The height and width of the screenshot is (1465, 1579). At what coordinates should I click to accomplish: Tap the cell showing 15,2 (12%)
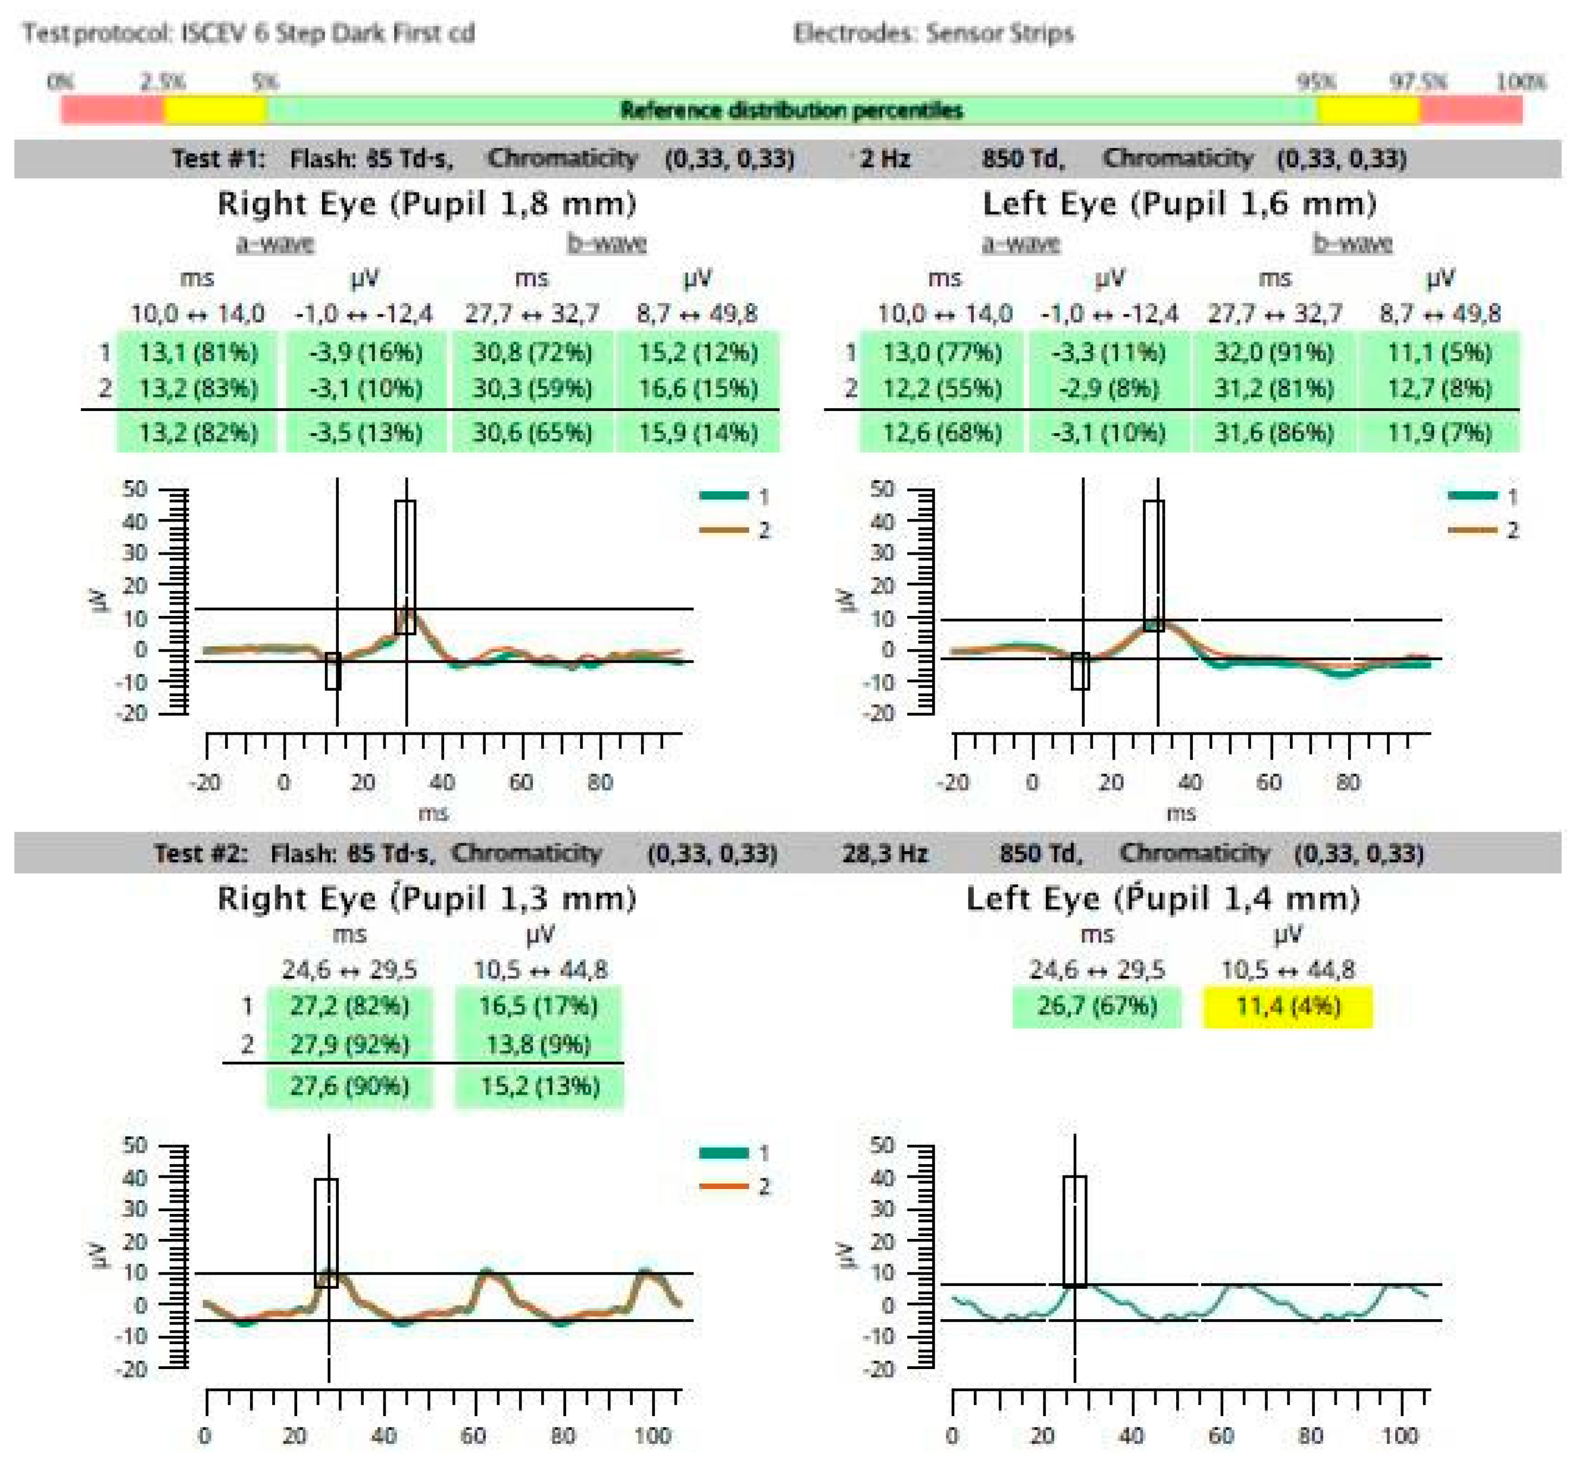[697, 352]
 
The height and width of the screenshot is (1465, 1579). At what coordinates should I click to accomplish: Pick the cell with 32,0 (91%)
[1274, 352]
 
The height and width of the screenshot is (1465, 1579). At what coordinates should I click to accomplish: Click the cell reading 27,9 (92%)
[350, 1044]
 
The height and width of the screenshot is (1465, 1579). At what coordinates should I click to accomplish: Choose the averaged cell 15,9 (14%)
[697, 433]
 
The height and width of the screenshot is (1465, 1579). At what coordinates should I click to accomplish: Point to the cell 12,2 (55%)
[942, 388]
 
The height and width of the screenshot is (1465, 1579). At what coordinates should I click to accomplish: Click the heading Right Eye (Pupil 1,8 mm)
[426, 204]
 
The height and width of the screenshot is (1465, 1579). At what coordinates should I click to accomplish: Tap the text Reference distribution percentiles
[791, 110]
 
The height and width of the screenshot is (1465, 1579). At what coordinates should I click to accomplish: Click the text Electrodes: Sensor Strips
[933, 33]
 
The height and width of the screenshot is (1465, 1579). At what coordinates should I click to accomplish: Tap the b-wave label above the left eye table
[1352, 242]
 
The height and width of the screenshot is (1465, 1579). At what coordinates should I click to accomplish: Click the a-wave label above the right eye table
[275, 242]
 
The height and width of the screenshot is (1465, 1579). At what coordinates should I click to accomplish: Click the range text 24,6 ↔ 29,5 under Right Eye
[350, 969]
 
